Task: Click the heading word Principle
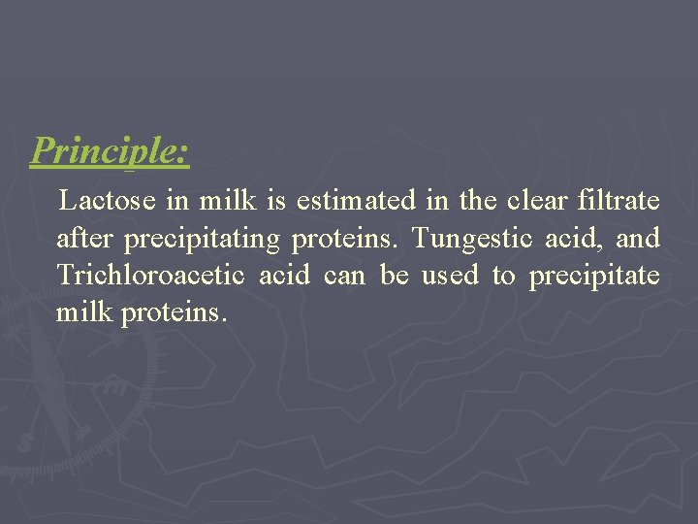click(110, 150)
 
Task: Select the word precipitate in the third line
click(594, 277)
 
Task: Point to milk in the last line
click(84, 312)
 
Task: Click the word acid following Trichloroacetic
click(284, 276)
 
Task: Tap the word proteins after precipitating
click(346, 240)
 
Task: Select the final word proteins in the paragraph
click(174, 313)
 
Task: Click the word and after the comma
click(638, 239)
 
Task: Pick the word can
click(344, 277)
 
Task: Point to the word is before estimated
click(276, 202)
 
